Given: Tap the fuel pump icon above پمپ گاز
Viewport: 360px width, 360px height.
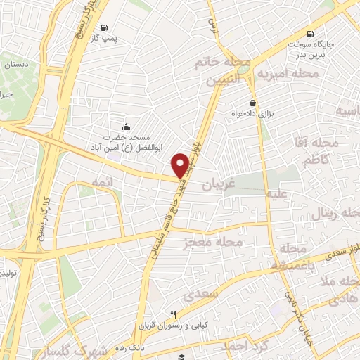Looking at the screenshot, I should click(x=105, y=28).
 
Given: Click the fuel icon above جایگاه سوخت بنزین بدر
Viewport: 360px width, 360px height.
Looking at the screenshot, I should click(x=310, y=34).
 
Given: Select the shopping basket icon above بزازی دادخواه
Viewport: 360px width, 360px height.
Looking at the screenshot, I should click(x=253, y=103).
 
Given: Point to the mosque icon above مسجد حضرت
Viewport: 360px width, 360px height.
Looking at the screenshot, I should click(x=126, y=127).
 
